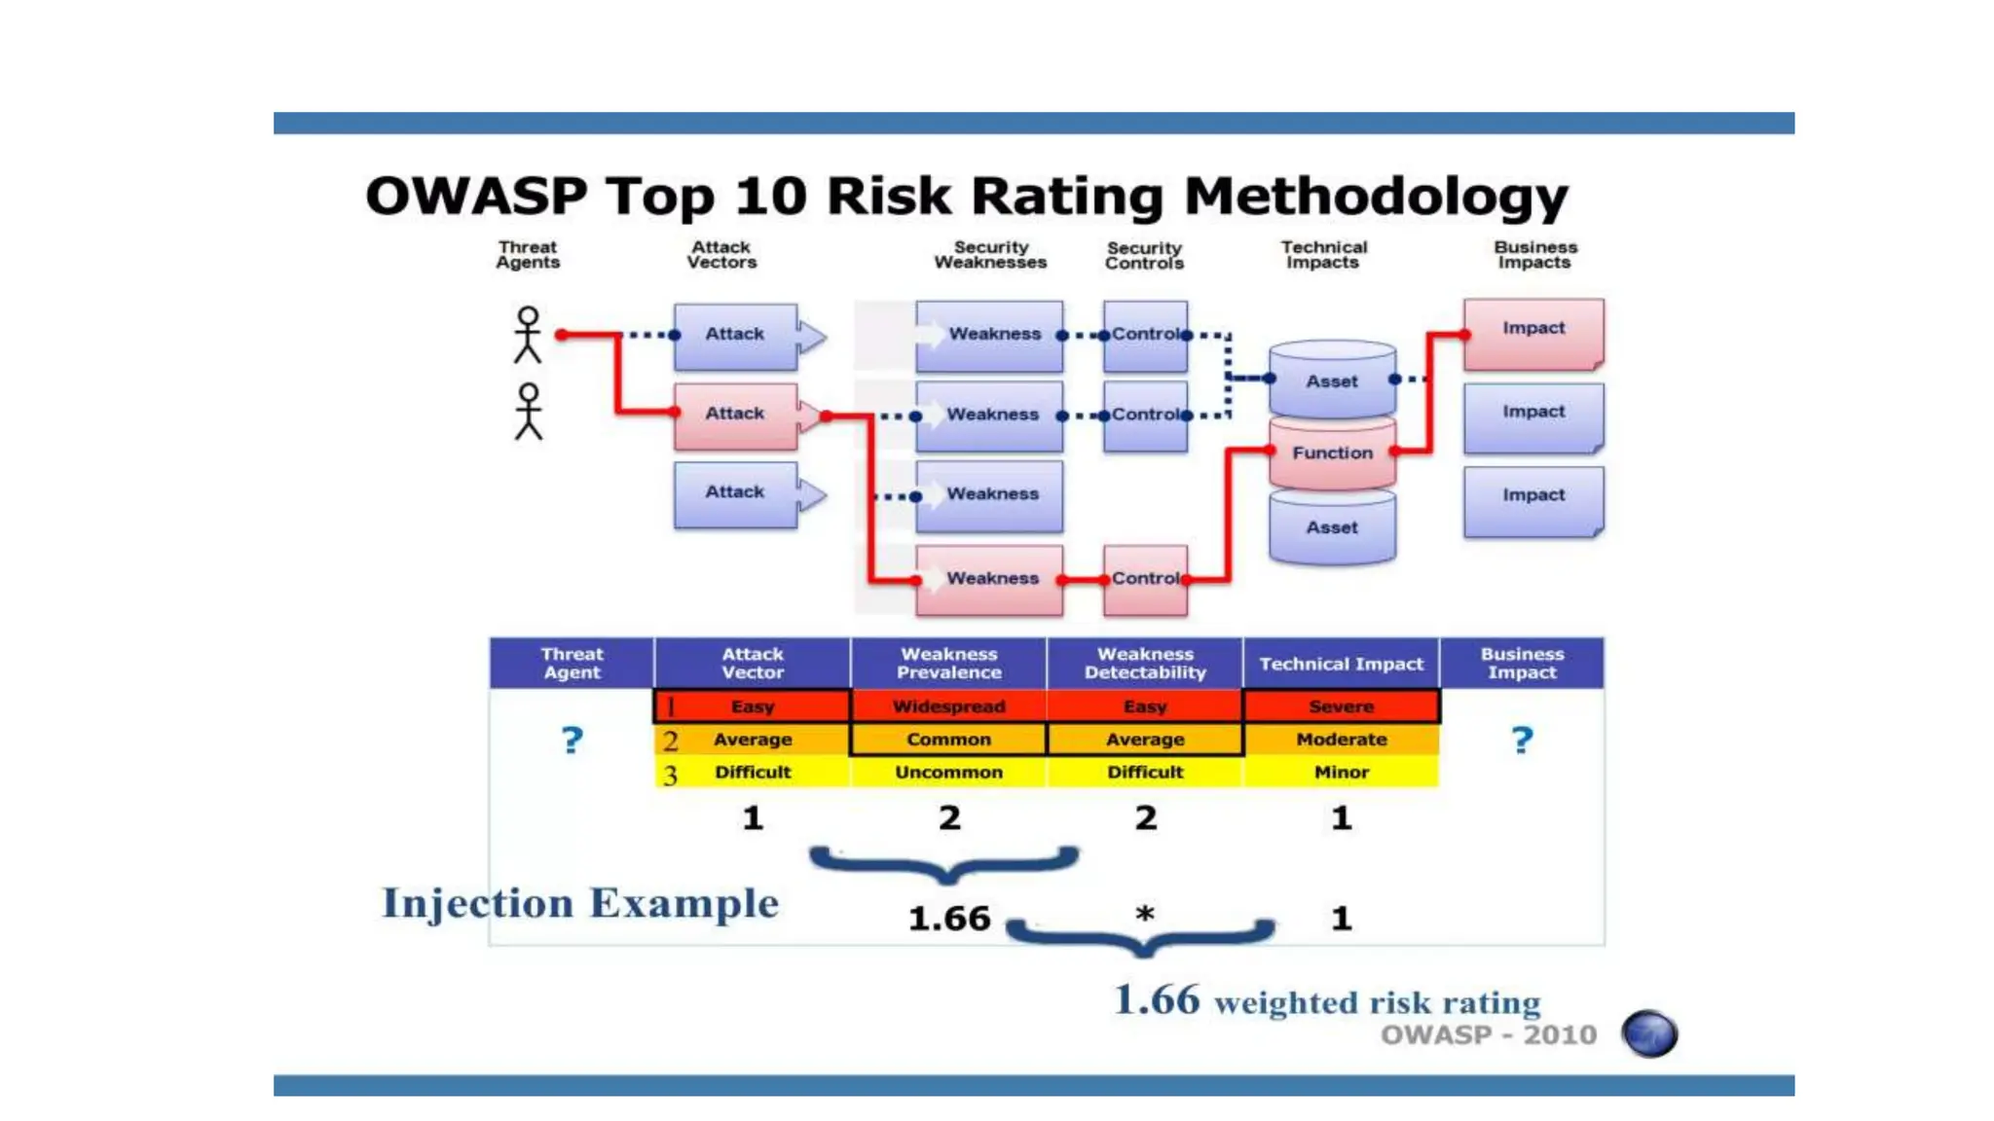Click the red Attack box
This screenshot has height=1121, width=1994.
736,416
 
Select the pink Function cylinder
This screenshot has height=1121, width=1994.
1332,453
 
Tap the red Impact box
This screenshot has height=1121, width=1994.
1532,331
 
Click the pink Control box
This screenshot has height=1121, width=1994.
1145,579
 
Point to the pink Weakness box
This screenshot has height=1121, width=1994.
989,579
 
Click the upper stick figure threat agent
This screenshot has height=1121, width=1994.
528,335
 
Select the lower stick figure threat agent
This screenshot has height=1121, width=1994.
528,412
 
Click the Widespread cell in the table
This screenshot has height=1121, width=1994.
948,706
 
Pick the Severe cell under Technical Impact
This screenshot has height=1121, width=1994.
1341,706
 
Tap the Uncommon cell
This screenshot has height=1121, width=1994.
948,773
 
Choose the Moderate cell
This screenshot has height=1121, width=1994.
1341,740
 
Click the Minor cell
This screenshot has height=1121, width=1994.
1341,773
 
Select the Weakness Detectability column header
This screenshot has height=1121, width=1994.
1145,664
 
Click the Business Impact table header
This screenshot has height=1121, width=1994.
1522,664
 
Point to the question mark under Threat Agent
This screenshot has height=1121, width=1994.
572,741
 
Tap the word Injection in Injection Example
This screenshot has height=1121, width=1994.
477,904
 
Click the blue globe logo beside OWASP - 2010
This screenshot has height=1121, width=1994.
1649,1033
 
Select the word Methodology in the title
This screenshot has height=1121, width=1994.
1376,197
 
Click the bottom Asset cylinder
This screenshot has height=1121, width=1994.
1332,528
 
